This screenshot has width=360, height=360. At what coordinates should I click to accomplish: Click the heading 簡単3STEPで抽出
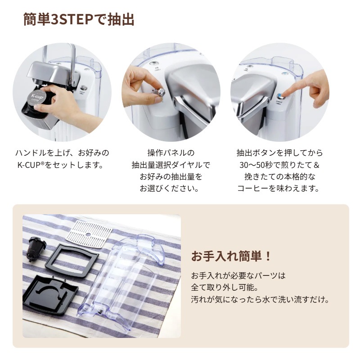79,19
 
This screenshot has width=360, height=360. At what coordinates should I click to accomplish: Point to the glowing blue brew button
279,96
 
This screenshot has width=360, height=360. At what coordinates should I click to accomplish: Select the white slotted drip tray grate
89,234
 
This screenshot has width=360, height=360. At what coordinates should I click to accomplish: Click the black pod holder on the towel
36,250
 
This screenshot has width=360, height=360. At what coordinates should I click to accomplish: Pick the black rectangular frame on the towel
72,261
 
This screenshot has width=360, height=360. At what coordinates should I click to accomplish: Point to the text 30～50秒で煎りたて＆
279,165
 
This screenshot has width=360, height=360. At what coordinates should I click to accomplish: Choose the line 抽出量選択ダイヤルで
171,165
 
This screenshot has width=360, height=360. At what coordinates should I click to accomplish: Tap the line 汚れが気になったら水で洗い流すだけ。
261,299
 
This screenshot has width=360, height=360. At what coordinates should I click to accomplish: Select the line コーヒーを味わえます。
279,189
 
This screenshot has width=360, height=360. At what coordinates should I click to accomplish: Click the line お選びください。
170,189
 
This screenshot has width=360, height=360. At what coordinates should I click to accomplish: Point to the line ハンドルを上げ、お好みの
62,153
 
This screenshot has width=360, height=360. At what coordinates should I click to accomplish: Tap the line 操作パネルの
171,153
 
